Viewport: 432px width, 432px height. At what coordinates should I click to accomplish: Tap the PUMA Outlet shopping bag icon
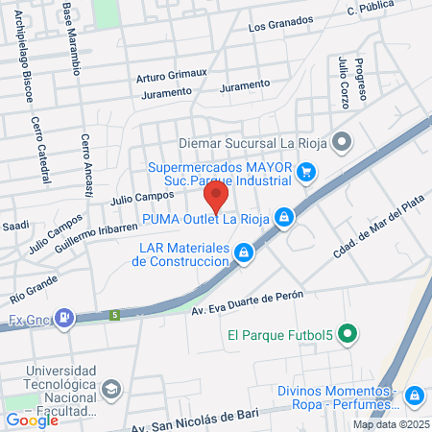pos(284,218)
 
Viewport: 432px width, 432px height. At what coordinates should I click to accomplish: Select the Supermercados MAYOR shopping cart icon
pos(306,172)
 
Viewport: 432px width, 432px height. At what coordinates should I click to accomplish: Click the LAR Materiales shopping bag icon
pos(245,252)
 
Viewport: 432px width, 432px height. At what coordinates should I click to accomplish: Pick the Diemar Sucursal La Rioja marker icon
pos(344,143)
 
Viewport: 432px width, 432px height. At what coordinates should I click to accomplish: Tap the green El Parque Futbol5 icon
pos(348,335)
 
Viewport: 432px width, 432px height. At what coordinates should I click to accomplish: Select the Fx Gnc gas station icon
pos(64,317)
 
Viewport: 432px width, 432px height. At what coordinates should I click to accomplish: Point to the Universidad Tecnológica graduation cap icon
pos(111,389)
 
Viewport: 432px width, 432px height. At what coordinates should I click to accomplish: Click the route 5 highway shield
pos(114,314)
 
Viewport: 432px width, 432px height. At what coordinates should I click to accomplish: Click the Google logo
pos(32,420)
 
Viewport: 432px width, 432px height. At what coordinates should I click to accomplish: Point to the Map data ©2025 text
pos(389,424)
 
